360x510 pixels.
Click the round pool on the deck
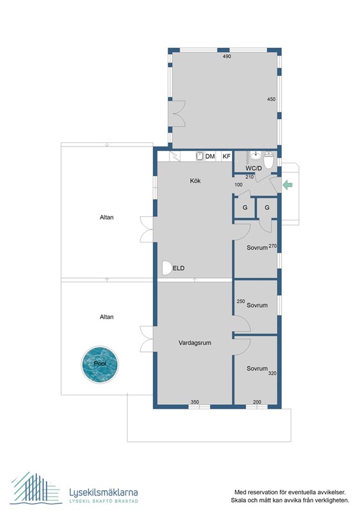tap(101, 364)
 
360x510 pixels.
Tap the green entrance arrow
tap(287, 185)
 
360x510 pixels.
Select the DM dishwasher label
tap(210, 156)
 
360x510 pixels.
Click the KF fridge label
tap(226, 156)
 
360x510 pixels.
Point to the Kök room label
tap(196, 181)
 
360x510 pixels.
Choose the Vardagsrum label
tap(194, 342)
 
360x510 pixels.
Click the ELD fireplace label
tap(178, 268)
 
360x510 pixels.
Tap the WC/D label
tap(255, 169)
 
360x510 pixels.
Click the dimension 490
tap(226, 57)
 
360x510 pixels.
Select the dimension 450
tap(271, 99)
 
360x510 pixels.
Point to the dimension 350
tap(195, 402)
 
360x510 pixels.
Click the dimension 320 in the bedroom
tap(272, 374)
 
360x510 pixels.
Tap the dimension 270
tap(272, 246)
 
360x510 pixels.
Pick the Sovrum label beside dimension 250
tap(257, 305)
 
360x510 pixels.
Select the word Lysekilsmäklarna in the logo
tap(103, 492)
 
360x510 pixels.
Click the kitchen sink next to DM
tap(198, 156)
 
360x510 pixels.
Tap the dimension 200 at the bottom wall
tap(257, 402)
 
